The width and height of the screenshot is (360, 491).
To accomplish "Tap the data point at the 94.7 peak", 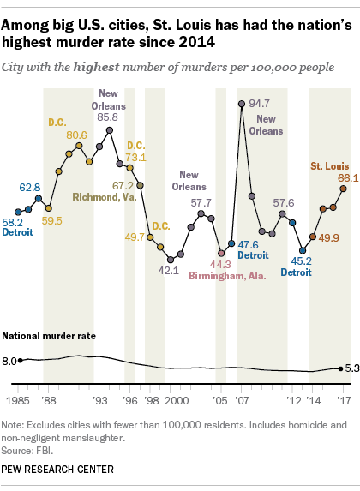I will coord(242,104).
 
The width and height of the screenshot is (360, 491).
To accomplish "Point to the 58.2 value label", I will coord(14,221).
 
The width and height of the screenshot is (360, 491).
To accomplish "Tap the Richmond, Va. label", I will coord(104,197).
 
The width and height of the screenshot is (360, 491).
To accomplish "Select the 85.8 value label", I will coord(109,117).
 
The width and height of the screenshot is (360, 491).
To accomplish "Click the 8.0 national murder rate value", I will coord(9,361).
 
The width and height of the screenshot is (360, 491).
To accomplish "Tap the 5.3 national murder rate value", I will coord(351,368).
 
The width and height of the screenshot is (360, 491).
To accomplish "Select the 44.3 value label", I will coord(220,264).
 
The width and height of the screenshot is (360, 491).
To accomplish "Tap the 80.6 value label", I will coord(76,135).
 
